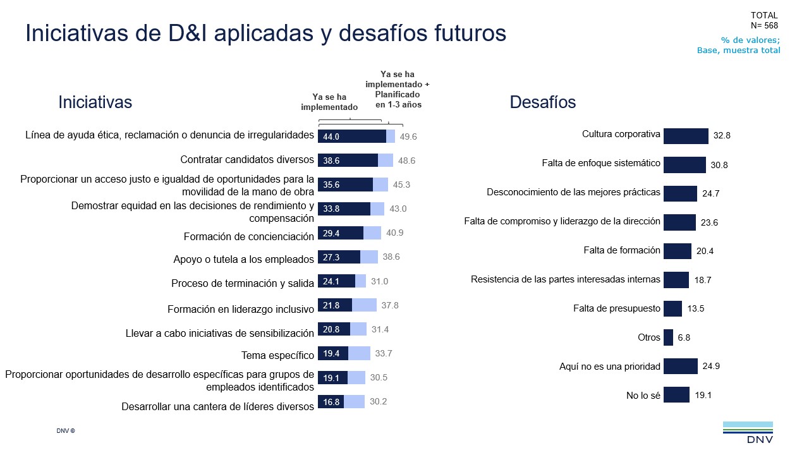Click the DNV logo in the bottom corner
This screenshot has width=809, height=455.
tap(748, 432)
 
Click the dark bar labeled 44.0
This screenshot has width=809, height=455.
tap(351, 136)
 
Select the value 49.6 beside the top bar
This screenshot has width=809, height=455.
tap(408, 136)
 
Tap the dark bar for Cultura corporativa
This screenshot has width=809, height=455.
tap(686, 136)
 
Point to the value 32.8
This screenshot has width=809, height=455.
tap(722, 136)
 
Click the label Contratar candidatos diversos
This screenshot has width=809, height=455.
tap(247, 160)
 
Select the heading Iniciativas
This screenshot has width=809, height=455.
tap(95, 102)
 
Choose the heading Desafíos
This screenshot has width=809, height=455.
tap(543, 102)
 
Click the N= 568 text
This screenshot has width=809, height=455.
tap(764, 26)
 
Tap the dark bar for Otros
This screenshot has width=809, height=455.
tap(668, 337)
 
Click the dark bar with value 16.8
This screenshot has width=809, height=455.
tap(331, 401)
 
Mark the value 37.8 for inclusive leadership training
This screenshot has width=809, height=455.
tap(390, 305)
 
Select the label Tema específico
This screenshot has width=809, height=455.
tap(277, 355)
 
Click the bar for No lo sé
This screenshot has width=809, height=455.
tap(676, 395)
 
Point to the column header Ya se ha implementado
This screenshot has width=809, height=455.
tap(329, 102)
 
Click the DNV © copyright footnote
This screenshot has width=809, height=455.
tap(65, 430)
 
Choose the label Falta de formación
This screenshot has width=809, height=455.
tap(621, 250)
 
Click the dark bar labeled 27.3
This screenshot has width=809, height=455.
tap(339, 257)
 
